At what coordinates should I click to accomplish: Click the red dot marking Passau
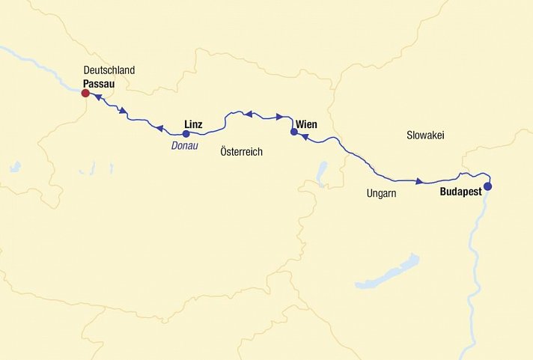pos(85,94)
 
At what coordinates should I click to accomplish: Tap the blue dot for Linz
pos(186,134)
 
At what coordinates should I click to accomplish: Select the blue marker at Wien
pos(293,132)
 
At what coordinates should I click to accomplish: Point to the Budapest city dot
pos(487,186)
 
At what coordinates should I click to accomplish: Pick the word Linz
pos(193,124)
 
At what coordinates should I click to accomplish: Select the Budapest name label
pos(460,191)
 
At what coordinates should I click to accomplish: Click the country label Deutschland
pos(109,70)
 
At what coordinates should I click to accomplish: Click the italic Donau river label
pos(184,146)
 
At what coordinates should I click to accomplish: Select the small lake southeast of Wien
pos(322,173)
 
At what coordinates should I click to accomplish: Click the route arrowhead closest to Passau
pos(98,97)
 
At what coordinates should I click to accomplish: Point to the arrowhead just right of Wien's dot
pos(305,137)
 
